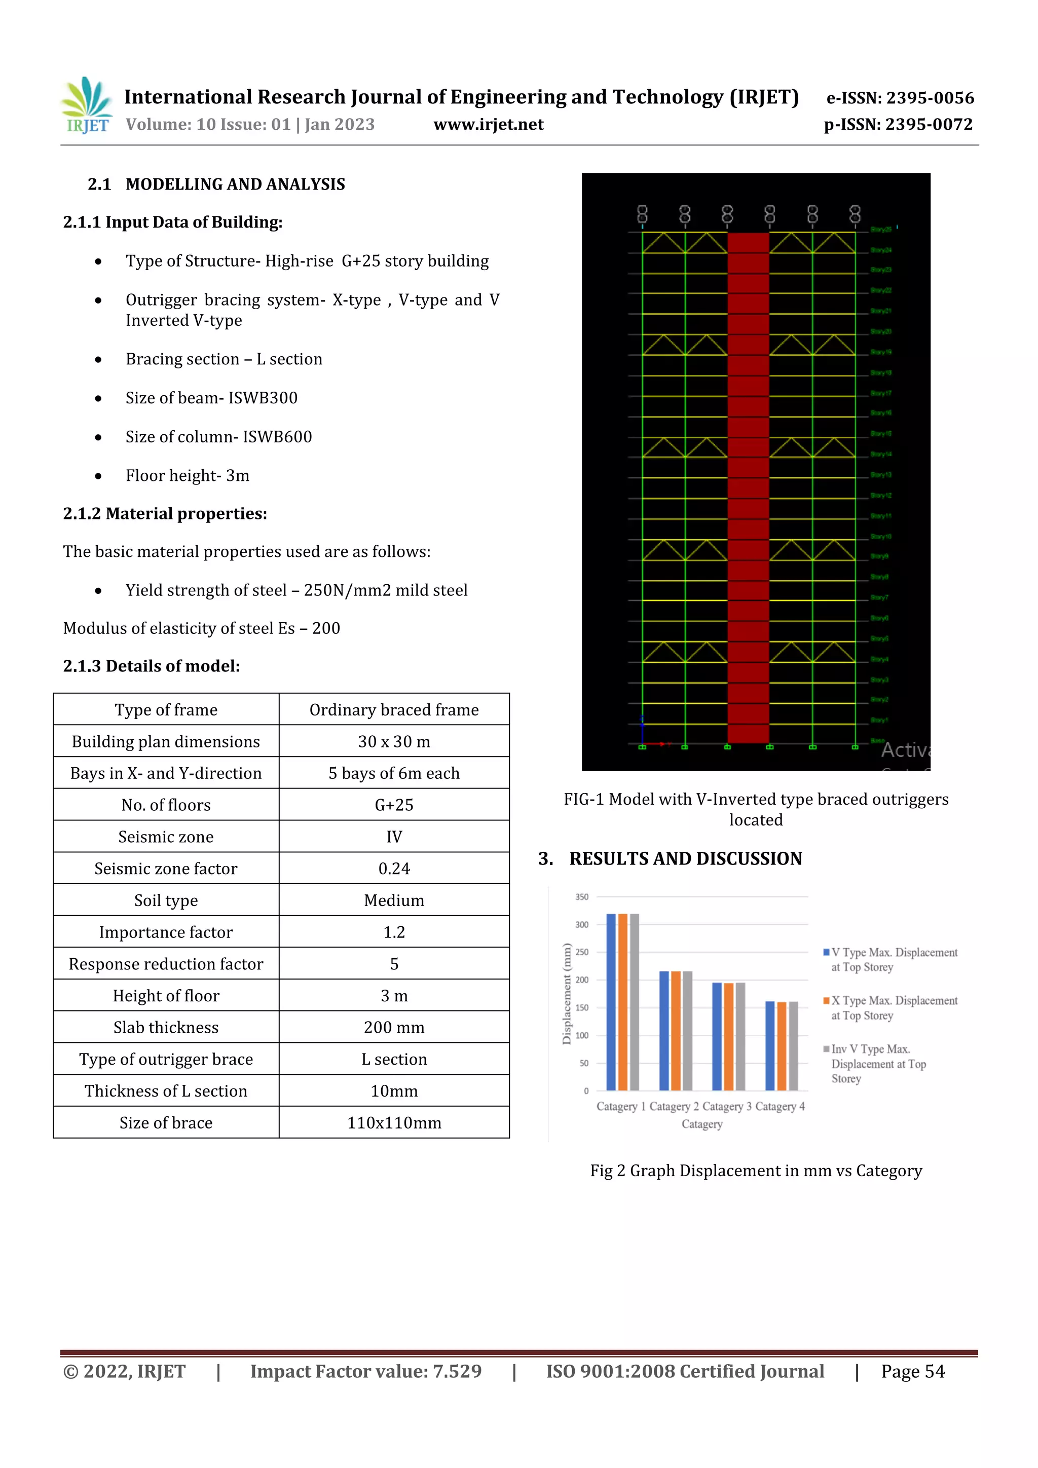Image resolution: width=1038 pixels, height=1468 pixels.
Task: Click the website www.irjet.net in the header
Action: click(x=488, y=125)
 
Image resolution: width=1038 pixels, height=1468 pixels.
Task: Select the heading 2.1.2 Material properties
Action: click(x=165, y=513)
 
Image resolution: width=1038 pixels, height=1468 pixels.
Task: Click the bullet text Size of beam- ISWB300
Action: click(x=211, y=398)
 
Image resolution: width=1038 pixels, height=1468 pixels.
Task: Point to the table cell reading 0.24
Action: click(x=394, y=868)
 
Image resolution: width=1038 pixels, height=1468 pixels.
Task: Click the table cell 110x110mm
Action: click(x=394, y=1123)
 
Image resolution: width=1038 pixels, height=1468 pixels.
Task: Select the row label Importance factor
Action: click(x=166, y=932)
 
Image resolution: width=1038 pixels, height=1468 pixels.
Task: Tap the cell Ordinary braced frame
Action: click(x=394, y=710)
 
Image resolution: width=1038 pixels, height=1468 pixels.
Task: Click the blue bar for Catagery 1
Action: click(x=611, y=1002)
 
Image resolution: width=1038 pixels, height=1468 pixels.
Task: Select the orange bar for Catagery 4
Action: click(x=782, y=1046)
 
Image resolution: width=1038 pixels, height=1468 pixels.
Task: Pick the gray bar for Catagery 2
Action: click(x=688, y=1031)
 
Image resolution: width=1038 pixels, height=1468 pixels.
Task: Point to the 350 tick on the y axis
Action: click(x=581, y=897)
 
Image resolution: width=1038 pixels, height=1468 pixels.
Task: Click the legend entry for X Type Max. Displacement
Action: click(x=893, y=1008)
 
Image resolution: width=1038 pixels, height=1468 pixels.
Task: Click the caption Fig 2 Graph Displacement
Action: click(x=755, y=1171)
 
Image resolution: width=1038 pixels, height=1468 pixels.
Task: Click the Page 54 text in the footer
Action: click(x=913, y=1371)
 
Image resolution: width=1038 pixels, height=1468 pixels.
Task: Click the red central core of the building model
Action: click(x=748, y=486)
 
